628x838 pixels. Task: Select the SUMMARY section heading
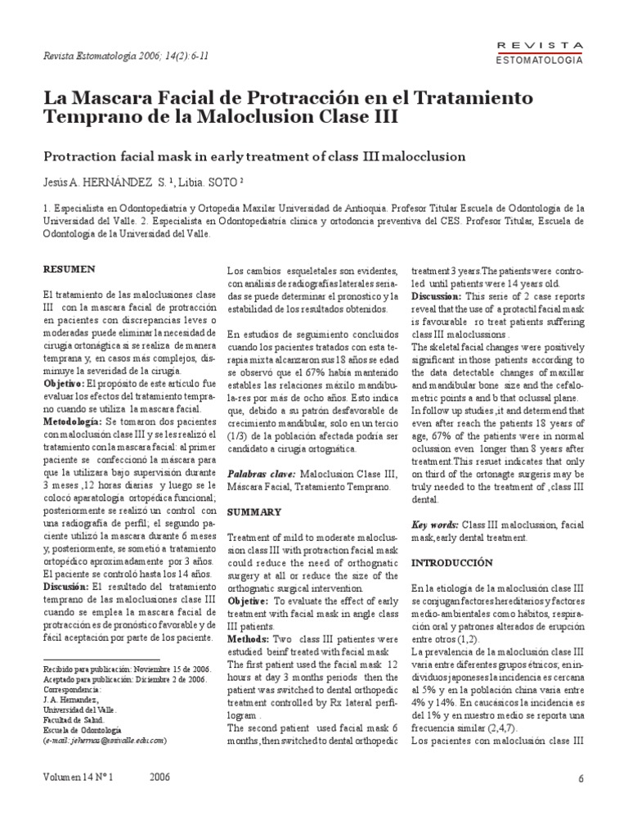pyautogui.click(x=253, y=511)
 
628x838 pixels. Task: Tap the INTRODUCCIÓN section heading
pyautogui.click(x=451, y=563)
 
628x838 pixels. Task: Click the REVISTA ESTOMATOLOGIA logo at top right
pyautogui.click(x=540, y=52)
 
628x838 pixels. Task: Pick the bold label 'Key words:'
pyautogui.click(x=435, y=525)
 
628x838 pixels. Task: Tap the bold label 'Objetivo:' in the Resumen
pyautogui.click(x=68, y=382)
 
